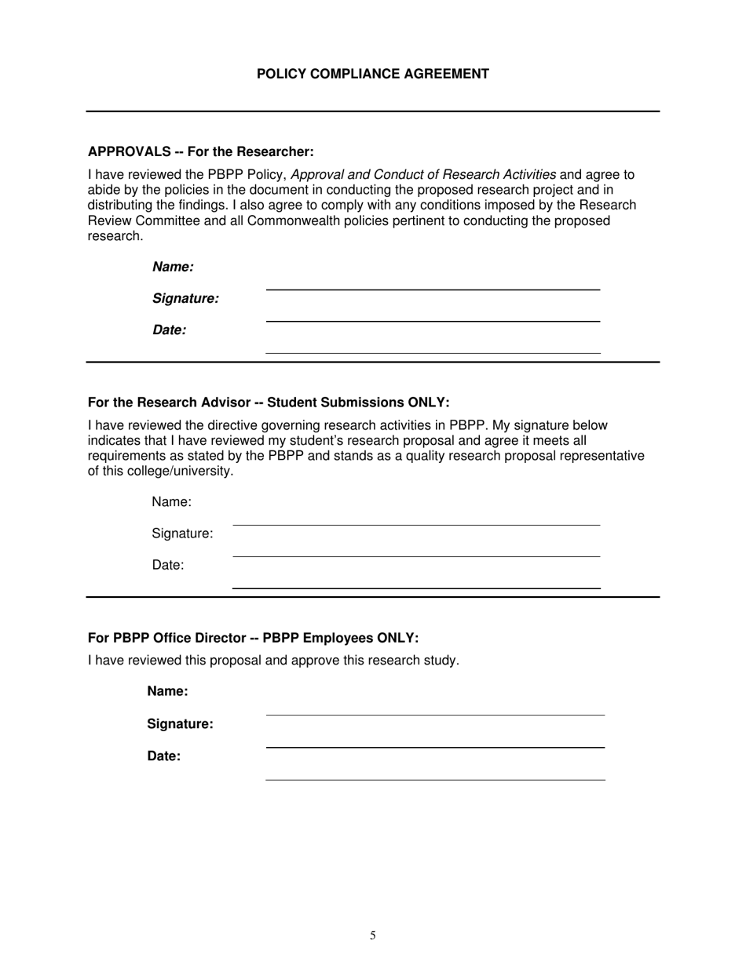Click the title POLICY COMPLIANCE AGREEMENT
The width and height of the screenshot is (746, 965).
coord(372,74)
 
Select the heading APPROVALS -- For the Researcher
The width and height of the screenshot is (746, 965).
coord(200,151)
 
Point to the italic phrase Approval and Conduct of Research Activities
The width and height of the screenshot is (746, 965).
coord(423,174)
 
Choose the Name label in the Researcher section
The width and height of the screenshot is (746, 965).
coord(173,267)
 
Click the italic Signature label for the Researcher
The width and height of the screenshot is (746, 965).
coord(185,298)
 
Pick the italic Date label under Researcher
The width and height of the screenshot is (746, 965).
coord(169,330)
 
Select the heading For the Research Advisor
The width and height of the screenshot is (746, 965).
coord(269,402)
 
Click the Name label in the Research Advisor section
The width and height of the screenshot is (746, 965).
coord(172,501)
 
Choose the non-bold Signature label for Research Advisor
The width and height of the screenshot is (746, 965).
coord(182,533)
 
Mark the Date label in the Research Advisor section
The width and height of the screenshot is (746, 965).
coord(168,565)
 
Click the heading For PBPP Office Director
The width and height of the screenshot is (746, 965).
coord(253,638)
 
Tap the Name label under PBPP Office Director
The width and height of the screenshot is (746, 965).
coord(167,691)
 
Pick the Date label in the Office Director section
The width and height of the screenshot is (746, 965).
coord(163,756)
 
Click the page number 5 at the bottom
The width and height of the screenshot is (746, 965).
coord(373,935)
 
